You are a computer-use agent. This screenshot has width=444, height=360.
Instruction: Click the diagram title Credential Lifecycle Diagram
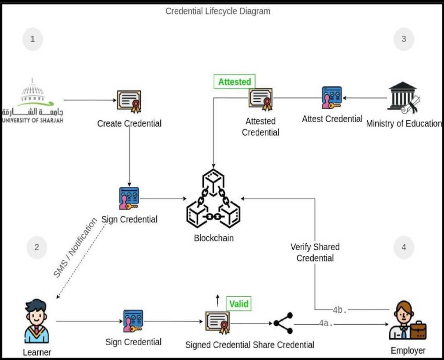point(218,11)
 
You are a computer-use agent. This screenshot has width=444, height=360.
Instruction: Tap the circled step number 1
point(32,39)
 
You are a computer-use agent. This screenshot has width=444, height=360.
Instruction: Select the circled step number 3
point(403,39)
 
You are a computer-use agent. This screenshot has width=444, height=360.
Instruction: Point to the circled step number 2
point(37,247)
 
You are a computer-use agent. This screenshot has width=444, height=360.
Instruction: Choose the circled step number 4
point(403,247)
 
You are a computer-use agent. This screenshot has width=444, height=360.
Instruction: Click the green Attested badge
point(234,82)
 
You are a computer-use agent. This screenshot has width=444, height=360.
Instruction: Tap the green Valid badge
point(238,304)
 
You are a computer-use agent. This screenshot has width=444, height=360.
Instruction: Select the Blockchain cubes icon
point(213,199)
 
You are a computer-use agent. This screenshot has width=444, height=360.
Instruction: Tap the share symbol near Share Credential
point(283,323)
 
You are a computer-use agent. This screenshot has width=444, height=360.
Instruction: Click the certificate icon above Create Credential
point(129,101)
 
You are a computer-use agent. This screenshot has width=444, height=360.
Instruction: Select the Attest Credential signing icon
point(332,98)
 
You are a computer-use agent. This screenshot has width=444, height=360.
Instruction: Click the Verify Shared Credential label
point(315,252)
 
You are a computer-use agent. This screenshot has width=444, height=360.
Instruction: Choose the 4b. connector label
point(340,310)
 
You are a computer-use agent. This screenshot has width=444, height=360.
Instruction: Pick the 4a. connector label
point(326,323)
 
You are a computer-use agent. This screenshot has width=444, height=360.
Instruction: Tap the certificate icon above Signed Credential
point(217,322)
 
